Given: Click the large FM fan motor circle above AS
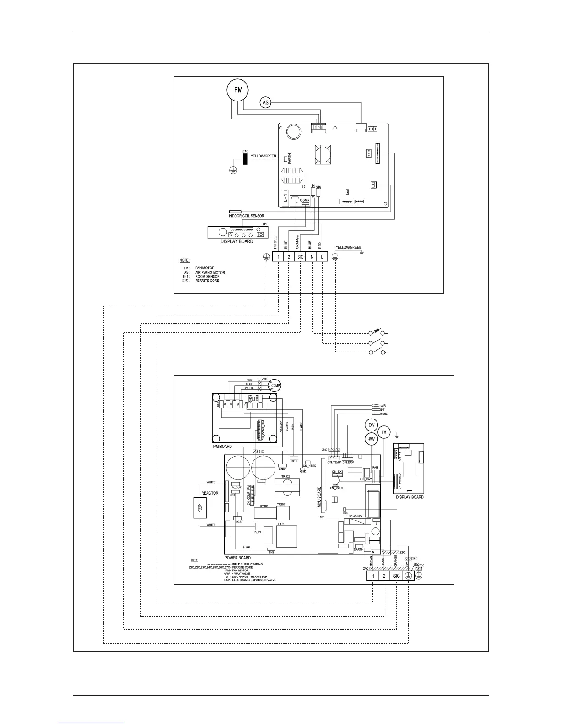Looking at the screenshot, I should coord(238,90).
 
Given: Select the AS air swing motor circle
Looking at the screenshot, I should coord(265,102).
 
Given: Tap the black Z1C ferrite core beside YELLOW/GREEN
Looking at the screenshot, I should coord(245,159).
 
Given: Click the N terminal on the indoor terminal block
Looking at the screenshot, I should coord(312,257).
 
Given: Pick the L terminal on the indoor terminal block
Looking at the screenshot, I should coord(323,257).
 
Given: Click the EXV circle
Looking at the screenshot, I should coord(371,425).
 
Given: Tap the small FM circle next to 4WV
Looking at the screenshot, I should coord(384,432).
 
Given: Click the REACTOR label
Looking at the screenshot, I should coord(210,493).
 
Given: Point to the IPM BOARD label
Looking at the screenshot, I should coord(222,446).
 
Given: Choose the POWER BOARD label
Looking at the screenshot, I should coord(237,558).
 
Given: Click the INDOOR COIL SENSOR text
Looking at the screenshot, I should coord(246,216).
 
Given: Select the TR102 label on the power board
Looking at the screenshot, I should coord(286,477).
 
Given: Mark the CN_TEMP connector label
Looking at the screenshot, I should coord(334,462).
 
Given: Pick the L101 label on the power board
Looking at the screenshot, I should coord(321,517).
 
